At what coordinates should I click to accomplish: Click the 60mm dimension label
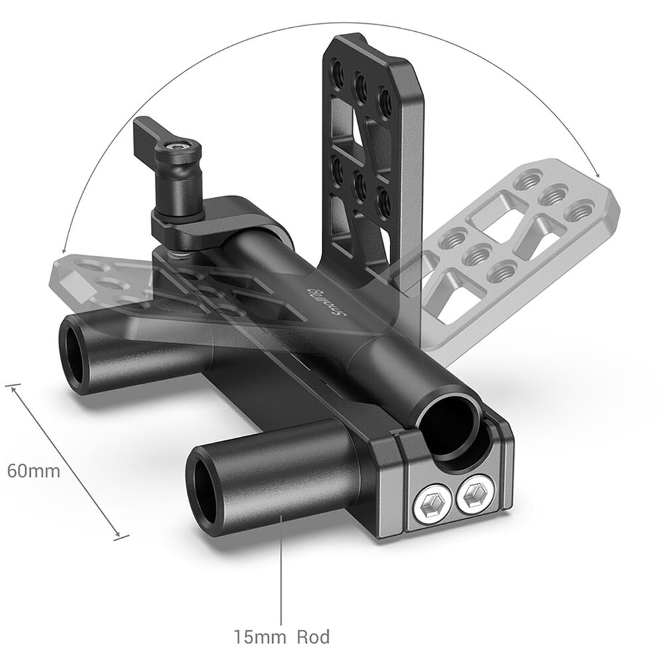click(x=34, y=471)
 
